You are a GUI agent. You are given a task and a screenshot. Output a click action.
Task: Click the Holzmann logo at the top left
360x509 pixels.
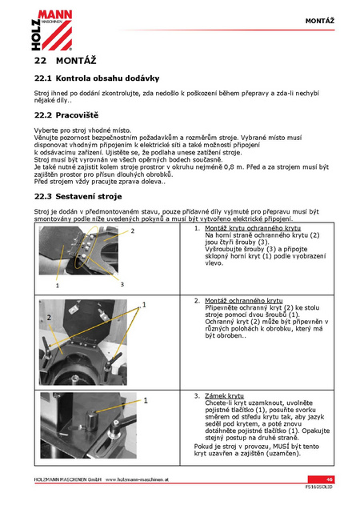tap(52, 30)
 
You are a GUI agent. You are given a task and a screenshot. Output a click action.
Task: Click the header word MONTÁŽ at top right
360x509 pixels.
tap(320, 21)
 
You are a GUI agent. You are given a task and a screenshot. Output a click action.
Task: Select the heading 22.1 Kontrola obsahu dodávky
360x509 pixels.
tap(97, 78)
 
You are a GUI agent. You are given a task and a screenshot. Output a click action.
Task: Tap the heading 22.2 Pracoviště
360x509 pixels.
tap(66, 115)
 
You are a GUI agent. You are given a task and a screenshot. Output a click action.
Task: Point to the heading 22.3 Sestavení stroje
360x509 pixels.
tap(78, 196)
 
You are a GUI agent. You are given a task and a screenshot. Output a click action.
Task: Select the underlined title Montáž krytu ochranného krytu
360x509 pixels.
tap(253, 228)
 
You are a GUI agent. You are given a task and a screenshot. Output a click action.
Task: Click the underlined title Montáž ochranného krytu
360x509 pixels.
tap(244, 301)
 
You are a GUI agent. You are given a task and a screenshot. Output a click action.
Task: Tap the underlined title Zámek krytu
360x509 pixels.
tap(224, 396)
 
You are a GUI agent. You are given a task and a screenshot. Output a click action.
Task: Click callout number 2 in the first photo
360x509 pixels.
tap(133, 231)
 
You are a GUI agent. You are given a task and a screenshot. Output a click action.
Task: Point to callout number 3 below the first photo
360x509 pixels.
tap(122, 284)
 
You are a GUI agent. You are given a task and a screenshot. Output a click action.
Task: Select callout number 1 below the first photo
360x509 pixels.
tap(58, 286)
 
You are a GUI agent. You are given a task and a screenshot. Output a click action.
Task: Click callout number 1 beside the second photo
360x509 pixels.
tap(144, 305)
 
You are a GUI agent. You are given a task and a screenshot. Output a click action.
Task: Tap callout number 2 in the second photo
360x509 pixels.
tap(49, 317)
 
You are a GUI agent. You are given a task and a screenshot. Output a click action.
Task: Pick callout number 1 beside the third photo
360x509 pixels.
tap(146, 401)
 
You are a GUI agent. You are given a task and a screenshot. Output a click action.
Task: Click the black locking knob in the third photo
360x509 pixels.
tap(91, 420)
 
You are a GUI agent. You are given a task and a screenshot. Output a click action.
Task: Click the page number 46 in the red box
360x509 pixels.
tap(330, 479)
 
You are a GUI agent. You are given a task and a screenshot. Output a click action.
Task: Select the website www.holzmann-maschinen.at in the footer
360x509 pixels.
tap(137, 479)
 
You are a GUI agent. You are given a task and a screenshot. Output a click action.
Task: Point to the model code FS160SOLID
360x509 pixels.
tap(319, 487)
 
